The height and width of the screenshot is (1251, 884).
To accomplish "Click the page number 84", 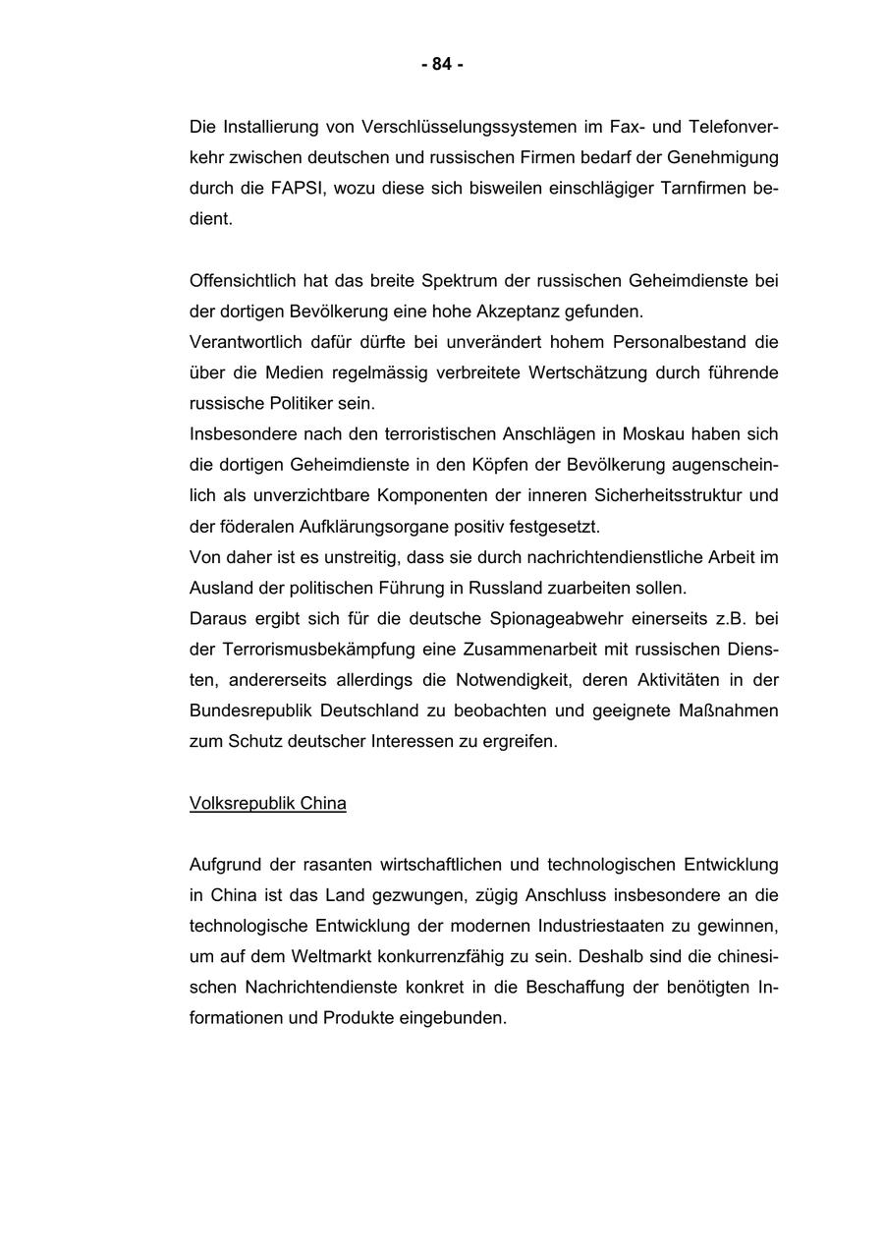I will pos(442,65).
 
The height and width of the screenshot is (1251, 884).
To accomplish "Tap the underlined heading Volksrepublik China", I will pos(267,803).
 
